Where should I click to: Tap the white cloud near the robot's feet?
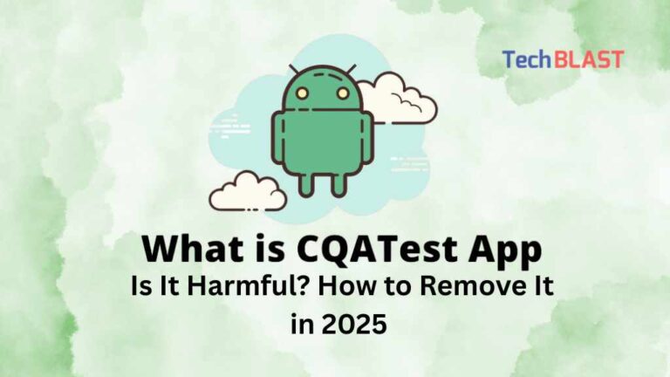(248, 192)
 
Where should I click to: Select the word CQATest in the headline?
(375, 250)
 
